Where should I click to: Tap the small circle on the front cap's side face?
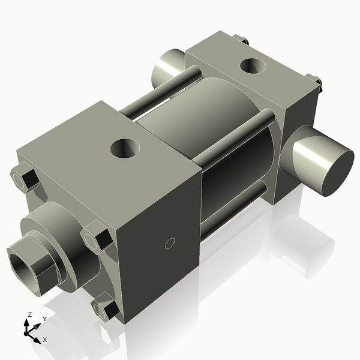click(169, 243)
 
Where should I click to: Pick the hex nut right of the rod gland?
click(96, 236)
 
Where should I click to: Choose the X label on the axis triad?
click(44, 340)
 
